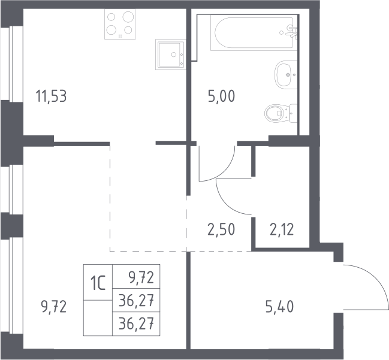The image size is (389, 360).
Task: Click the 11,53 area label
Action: click(x=52, y=96)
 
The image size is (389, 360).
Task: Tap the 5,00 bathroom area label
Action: click(x=222, y=96)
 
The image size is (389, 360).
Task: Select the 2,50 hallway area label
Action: click(x=221, y=229)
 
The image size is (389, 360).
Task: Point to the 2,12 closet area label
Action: click(x=282, y=229)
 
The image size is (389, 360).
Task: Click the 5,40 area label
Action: click(x=280, y=307)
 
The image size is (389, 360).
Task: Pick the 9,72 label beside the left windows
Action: click(x=54, y=307)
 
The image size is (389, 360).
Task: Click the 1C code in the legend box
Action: click(x=98, y=283)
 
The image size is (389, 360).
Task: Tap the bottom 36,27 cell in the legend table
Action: click(x=136, y=324)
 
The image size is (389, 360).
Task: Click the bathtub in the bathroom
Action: click(x=254, y=32)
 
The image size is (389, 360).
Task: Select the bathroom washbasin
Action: click(x=286, y=74)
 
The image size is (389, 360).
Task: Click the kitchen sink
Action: click(x=171, y=55)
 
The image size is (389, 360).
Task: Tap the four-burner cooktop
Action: click(x=120, y=24)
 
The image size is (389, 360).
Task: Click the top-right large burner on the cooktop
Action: click(x=128, y=17)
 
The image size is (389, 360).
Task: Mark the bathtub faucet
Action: click(x=292, y=32)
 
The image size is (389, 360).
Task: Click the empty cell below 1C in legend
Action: click(x=98, y=318)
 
